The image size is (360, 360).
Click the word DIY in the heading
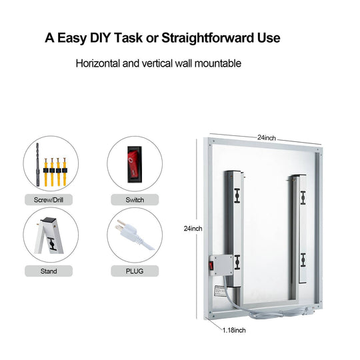[x=100, y=38]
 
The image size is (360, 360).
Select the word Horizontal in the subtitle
[x=98, y=63]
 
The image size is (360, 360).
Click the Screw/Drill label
[x=49, y=200]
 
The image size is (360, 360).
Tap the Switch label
[x=135, y=200]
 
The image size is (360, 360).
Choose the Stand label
[x=49, y=271]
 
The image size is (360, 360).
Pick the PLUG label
[x=135, y=271]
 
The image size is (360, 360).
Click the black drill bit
[x=37, y=165]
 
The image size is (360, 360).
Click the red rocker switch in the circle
[x=135, y=165]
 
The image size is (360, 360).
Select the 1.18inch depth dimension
[x=234, y=330]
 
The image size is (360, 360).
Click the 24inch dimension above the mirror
[x=267, y=137]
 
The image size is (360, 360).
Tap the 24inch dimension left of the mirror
[x=193, y=229]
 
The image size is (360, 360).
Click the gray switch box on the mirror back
[x=221, y=265]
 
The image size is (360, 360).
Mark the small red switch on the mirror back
[x=211, y=265]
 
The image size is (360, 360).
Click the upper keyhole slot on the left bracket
[x=237, y=195]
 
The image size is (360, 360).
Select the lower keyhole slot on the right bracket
[x=303, y=260]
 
